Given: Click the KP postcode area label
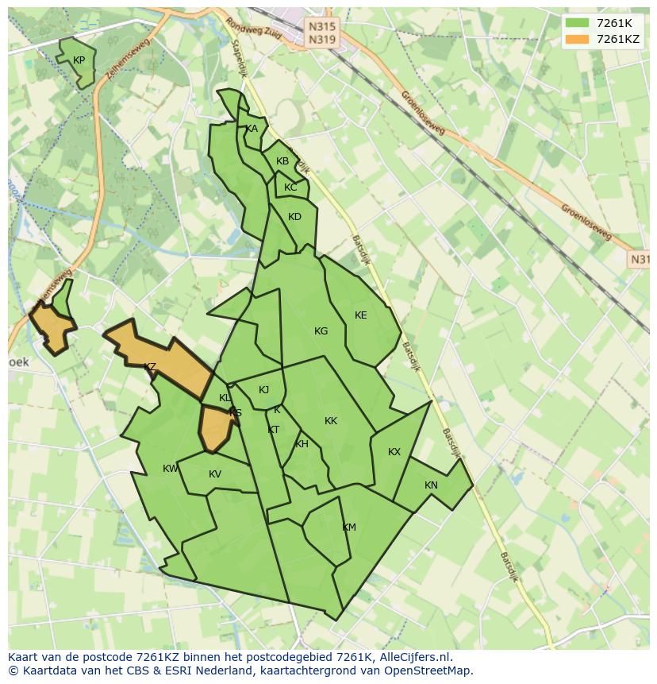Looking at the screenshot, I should (79, 60).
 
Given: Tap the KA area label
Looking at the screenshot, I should (252, 129).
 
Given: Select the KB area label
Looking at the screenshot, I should (282, 161).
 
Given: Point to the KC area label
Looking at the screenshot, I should (290, 187).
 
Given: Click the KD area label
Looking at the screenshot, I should (294, 217).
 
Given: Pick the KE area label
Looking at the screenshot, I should (361, 315).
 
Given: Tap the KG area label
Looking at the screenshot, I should (321, 331).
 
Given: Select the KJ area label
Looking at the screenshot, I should (264, 389).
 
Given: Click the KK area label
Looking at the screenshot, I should (331, 421).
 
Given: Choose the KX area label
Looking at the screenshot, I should (394, 452).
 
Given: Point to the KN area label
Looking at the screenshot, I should (431, 485).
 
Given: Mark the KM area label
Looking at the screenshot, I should (349, 527).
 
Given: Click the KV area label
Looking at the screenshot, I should (215, 474).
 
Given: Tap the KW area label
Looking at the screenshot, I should (170, 469).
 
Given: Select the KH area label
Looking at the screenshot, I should (302, 444).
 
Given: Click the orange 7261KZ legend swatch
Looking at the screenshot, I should (578, 39).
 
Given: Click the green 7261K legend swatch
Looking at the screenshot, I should (578, 23).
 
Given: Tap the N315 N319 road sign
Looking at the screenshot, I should (322, 33).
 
